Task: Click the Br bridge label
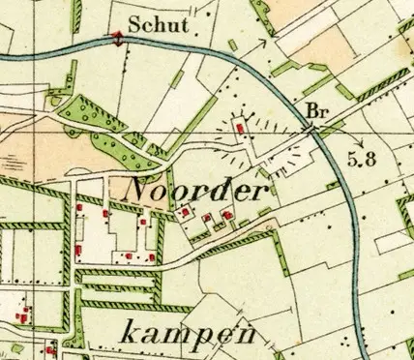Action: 316,110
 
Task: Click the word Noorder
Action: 196,190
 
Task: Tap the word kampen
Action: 192,334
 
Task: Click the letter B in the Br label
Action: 311,110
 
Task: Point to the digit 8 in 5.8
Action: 369,160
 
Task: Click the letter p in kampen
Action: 201,338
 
